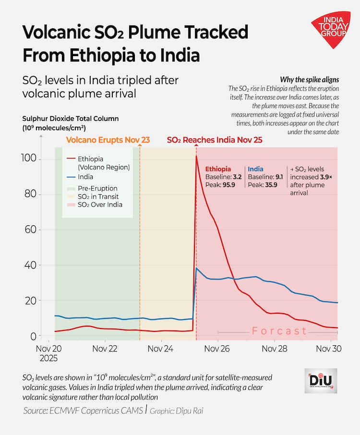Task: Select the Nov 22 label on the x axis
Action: coord(105,349)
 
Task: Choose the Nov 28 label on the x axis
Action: coord(274,349)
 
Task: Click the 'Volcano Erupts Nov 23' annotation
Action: coord(108,140)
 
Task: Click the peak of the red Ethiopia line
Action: coord(196,156)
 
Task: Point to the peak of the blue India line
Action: coord(196,268)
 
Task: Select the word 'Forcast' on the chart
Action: coord(279,331)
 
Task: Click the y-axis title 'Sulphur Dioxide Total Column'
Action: coord(70,118)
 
